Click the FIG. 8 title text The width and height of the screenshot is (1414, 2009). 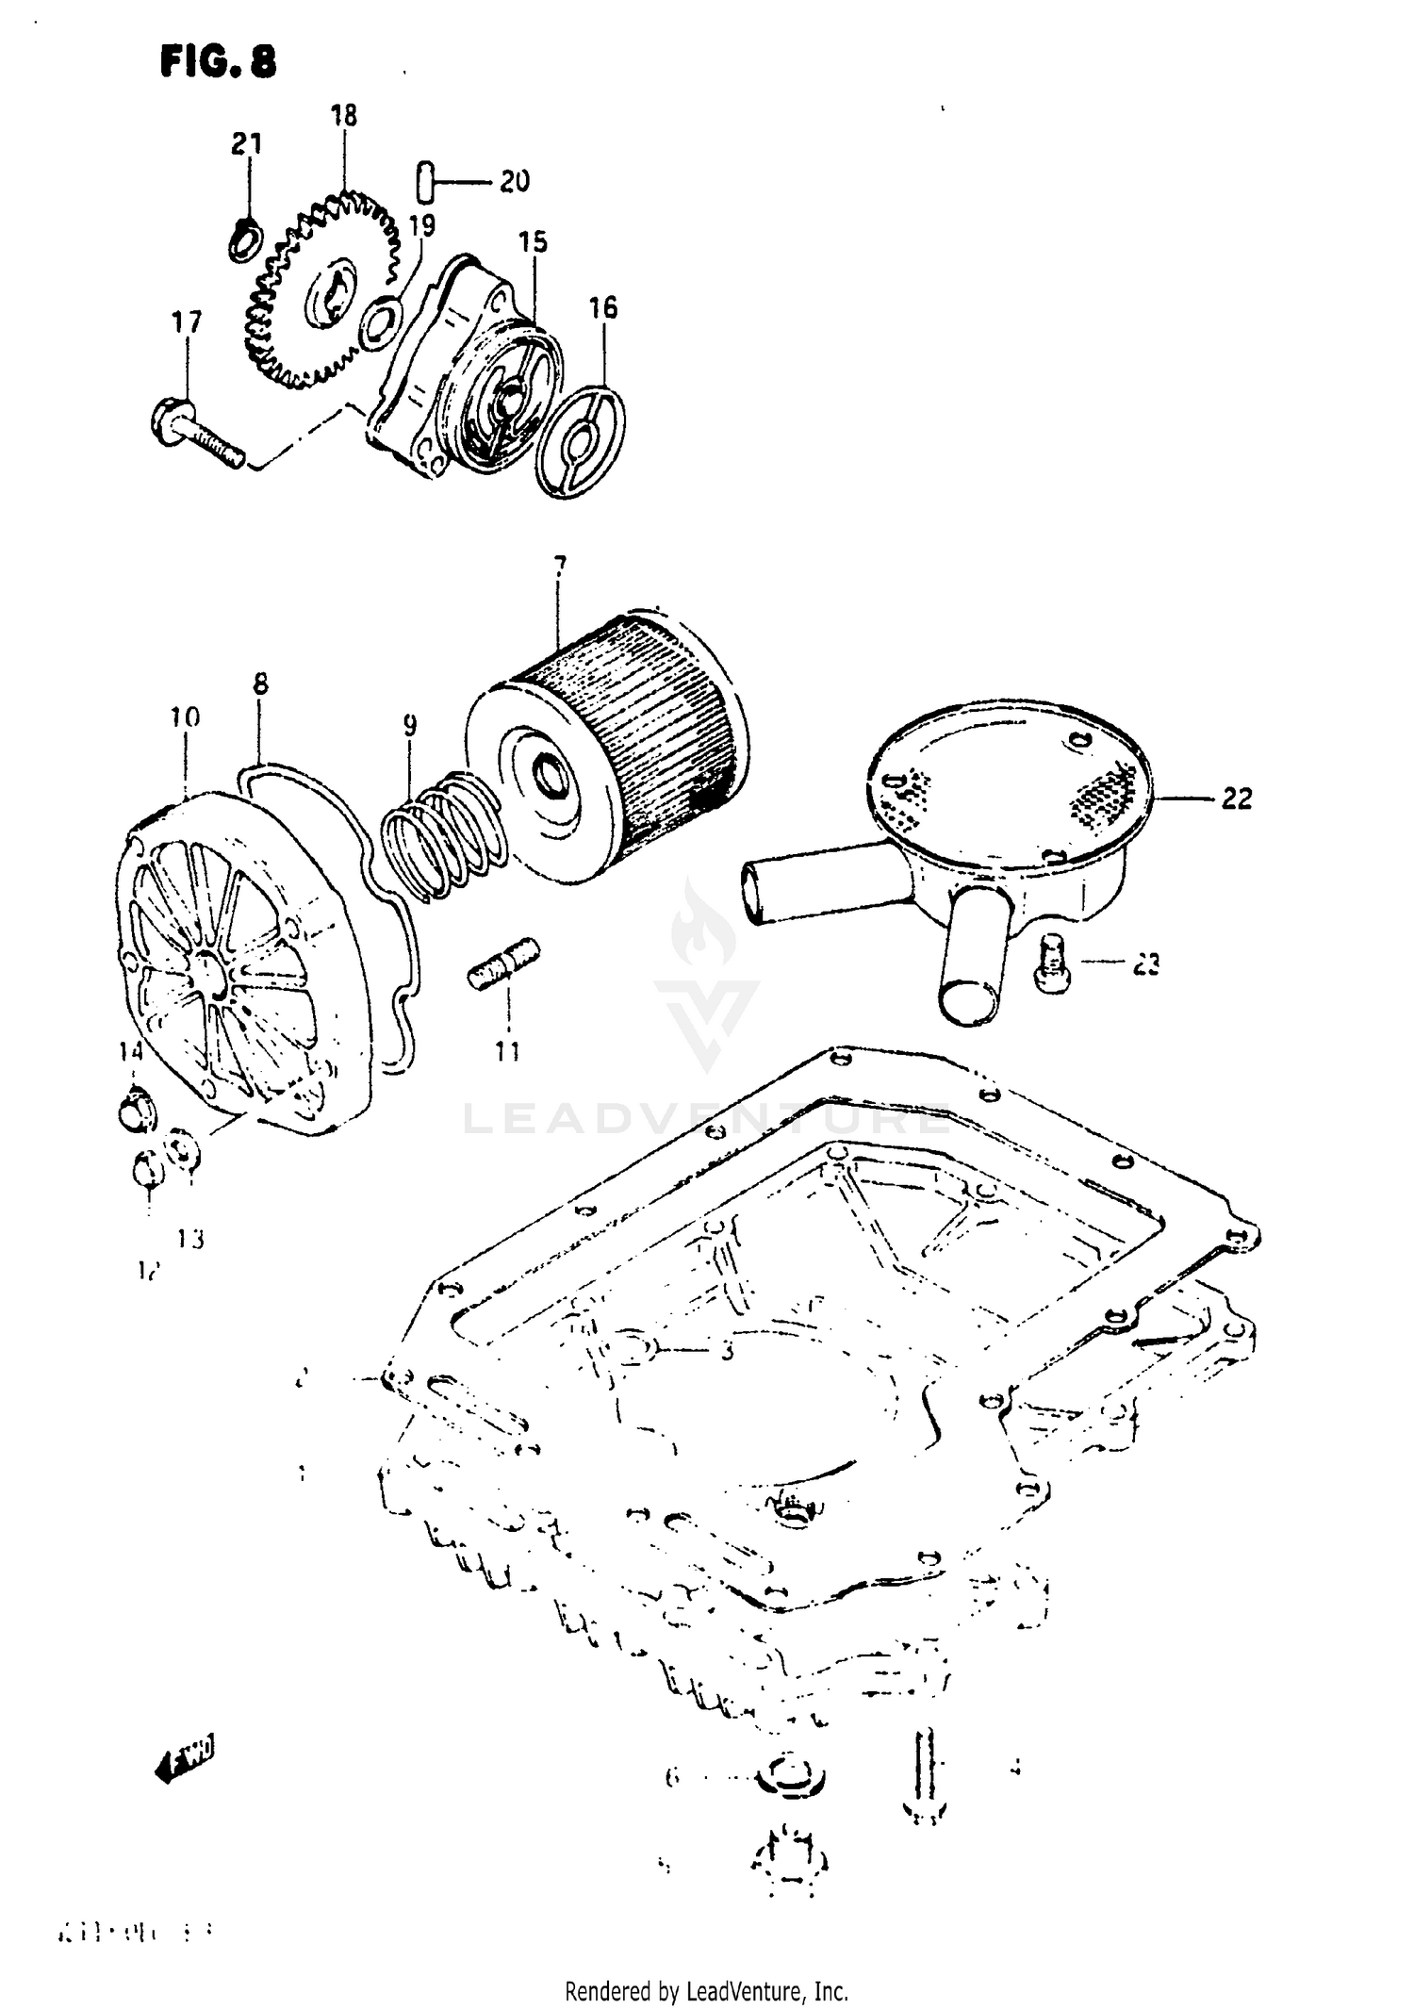[219, 62]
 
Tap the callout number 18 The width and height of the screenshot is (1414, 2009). [344, 116]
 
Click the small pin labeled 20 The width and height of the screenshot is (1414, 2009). [425, 180]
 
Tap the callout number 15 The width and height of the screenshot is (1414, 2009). [533, 241]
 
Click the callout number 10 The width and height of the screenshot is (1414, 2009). [185, 718]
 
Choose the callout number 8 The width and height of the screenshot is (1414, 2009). [260, 684]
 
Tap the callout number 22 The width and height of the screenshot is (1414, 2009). [1236, 799]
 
